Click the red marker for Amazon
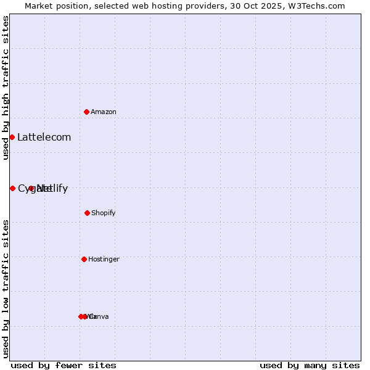coord(87,112)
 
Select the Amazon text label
coord(104,112)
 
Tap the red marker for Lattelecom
coord(12,137)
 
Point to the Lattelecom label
coord(44,138)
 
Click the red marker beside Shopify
coord(87,213)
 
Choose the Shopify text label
coord(104,213)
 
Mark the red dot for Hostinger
coord(84,259)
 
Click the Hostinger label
coord(104,259)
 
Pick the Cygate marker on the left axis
coord(12,188)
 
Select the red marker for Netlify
coord(31,188)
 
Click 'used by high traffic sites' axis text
coord(6,88)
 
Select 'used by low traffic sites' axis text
coord(6,289)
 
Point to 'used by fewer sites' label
coord(64,365)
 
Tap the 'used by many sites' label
coord(310,365)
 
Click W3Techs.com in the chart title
coord(318,6)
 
